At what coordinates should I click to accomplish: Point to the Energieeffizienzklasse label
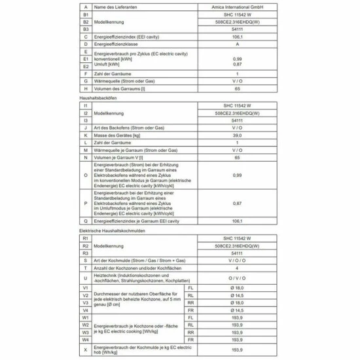coord(121,44)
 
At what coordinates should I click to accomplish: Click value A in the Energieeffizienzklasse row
coord(237,44)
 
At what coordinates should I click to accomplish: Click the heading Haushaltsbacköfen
coord(98,97)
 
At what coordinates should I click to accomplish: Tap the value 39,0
coord(237,134)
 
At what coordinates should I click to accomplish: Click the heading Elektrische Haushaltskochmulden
coord(112,231)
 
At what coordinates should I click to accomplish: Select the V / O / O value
coord(237,261)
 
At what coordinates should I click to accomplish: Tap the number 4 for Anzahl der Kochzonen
coord(237,268)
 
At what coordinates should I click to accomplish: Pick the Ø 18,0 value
coord(237,288)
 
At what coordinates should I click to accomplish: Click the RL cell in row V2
coord(190,296)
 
